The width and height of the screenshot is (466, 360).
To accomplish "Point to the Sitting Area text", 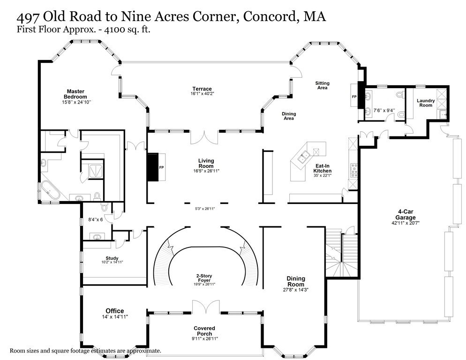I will [x=322, y=85].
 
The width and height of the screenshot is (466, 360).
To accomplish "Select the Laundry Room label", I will [x=426, y=103].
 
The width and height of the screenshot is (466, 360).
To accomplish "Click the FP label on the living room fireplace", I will [x=161, y=167].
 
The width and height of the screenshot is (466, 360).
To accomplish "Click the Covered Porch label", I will [x=204, y=331].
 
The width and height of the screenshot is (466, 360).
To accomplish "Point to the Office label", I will [x=114, y=311].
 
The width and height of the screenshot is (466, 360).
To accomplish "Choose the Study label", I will [x=112, y=258].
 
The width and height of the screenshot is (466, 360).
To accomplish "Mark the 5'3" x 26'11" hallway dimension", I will [x=205, y=209].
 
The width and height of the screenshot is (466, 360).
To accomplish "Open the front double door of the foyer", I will [x=205, y=307].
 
